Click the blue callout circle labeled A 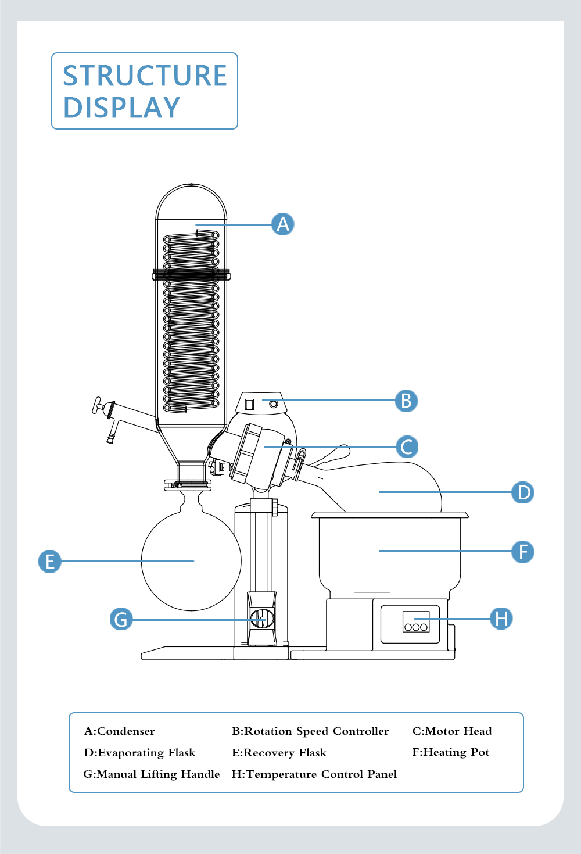(283, 224)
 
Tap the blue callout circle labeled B (406, 401)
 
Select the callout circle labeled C (407, 447)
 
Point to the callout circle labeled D (523, 492)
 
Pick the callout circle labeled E (50, 561)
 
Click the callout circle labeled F (523, 552)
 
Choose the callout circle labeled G (121, 619)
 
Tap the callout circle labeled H (501, 618)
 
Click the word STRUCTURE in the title (145, 76)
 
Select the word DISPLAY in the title (121, 108)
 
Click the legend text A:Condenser (120, 731)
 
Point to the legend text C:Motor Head (452, 731)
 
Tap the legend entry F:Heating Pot (451, 752)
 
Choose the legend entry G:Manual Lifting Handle (152, 774)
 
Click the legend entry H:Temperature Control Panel (314, 774)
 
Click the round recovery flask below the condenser (191, 561)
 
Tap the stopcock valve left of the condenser (103, 406)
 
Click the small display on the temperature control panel (416, 617)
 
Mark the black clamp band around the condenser (191, 274)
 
